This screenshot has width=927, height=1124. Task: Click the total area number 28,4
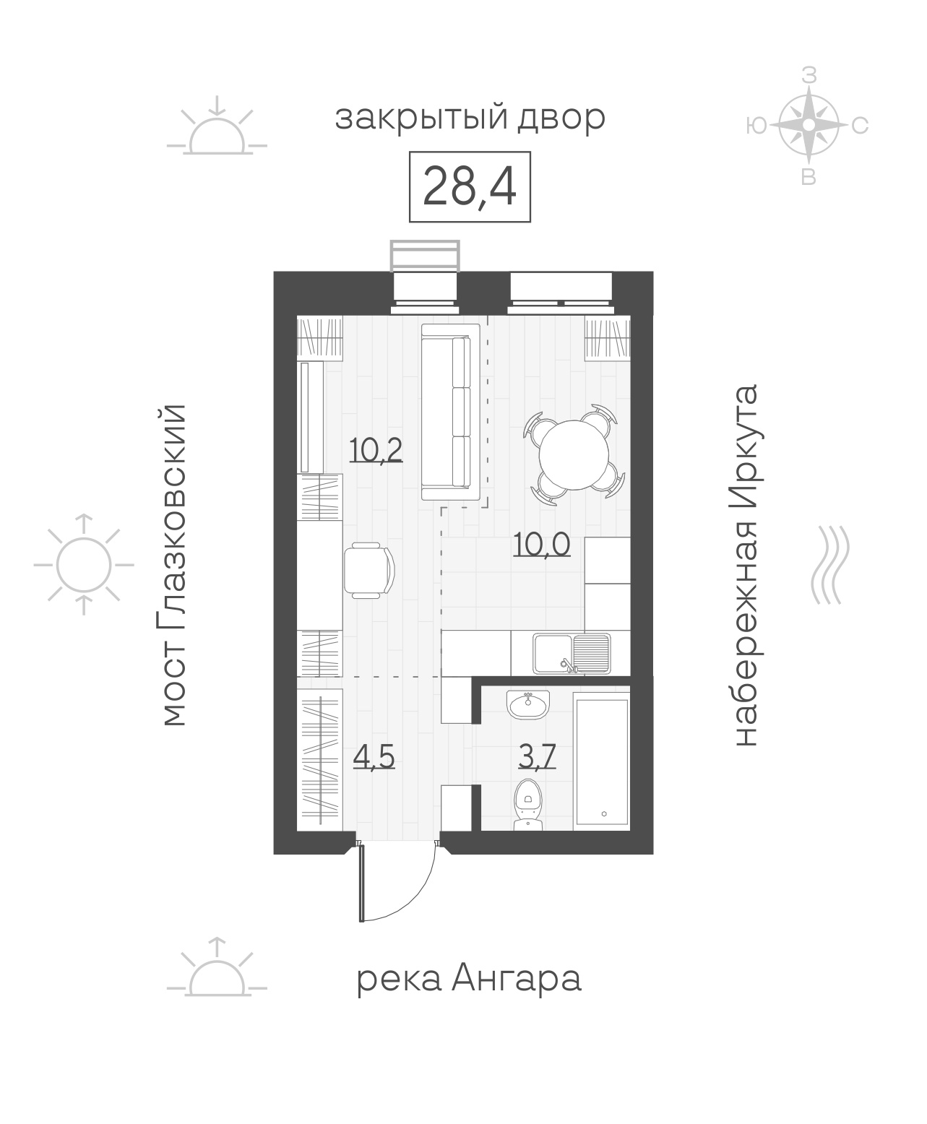(x=470, y=186)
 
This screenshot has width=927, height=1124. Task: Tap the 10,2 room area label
(x=376, y=450)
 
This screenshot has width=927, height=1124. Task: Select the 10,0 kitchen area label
(x=542, y=544)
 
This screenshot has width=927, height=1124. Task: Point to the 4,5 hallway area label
(x=374, y=757)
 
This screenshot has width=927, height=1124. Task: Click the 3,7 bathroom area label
(x=537, y=756)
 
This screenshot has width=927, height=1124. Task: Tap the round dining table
(x=574, y=454)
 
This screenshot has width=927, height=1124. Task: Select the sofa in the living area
(x=451, y=412)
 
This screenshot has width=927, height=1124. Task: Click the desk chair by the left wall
(x=369, y=570)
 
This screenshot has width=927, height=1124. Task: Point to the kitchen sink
(x=572, y=654)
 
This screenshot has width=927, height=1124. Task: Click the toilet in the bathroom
(x=528, y=812)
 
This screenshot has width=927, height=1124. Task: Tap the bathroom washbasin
(x=528, y=704)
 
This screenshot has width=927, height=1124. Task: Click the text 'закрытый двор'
(x=470, y=118)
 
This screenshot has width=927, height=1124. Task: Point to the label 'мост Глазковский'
(x=173, y=565)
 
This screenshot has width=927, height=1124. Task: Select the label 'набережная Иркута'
(x=745, y=565)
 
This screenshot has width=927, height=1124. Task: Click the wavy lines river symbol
(x=829, y=565)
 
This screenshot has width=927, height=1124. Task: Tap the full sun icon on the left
(x=83, y=565)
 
